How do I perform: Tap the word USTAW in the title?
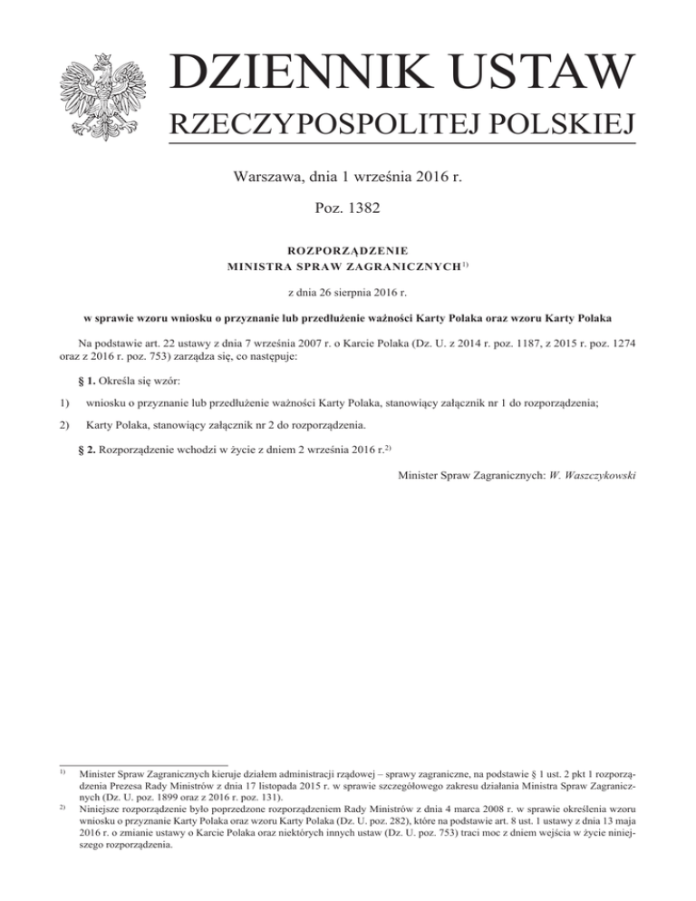tap(541, 73)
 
